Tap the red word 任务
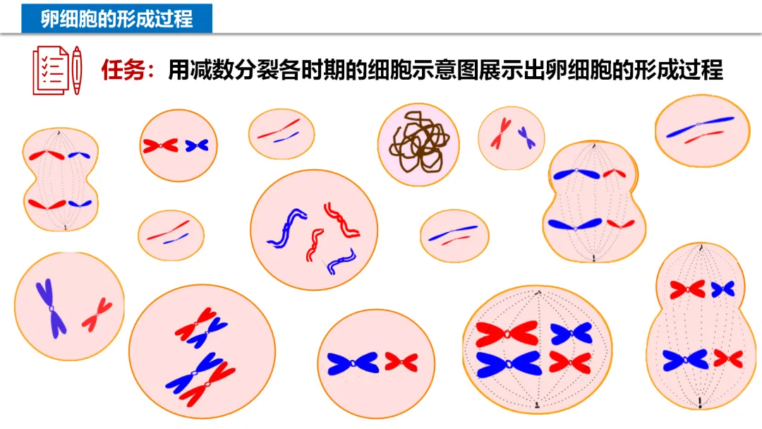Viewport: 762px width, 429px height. click(x=123, y=71)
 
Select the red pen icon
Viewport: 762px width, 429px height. click(x=76, y=71)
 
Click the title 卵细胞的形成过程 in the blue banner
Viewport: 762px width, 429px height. click(x=116, y=18)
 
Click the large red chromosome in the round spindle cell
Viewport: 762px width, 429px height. click(x=507, y=334)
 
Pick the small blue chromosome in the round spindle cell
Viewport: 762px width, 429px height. click(x=571, y=333)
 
